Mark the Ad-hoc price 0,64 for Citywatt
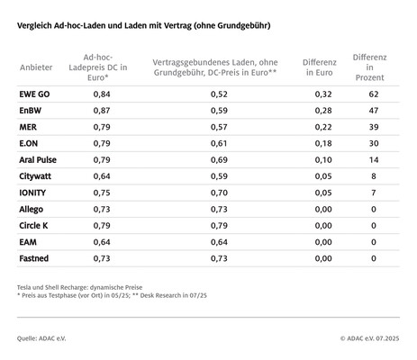point(102,175)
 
